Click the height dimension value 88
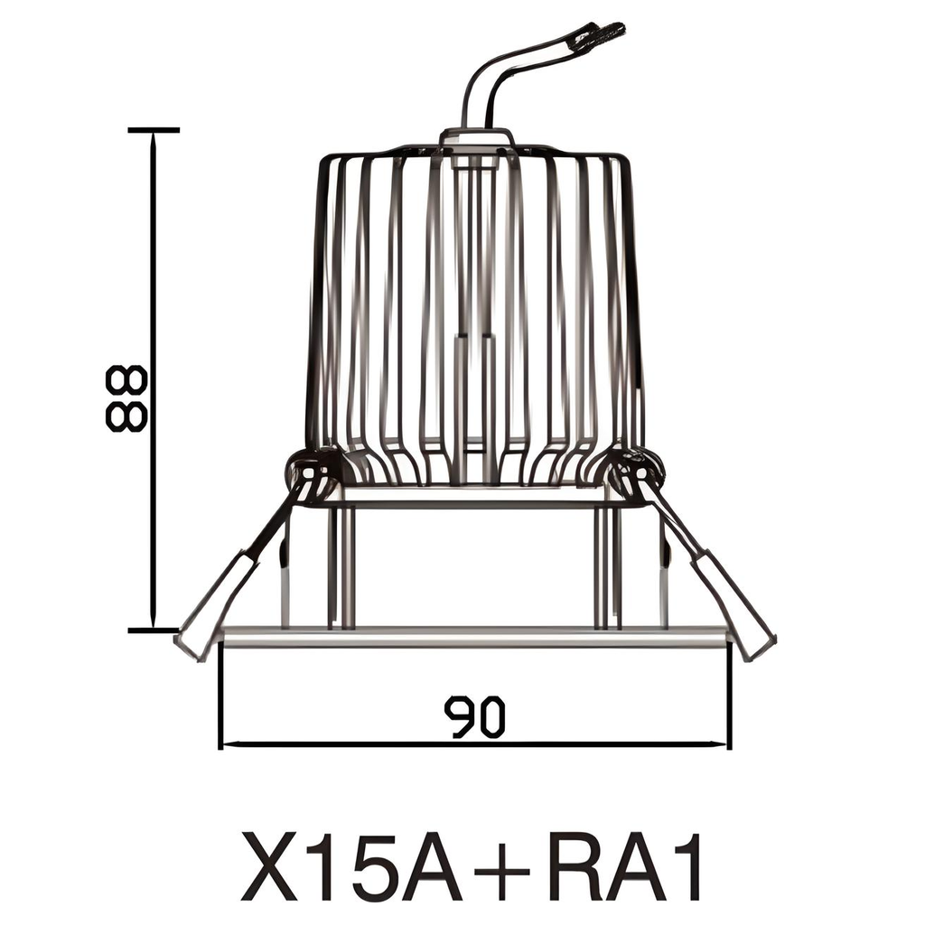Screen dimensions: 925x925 pos(125,398)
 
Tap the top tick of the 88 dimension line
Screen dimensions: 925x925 pos(154,130)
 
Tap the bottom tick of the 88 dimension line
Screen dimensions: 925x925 pos(154,630)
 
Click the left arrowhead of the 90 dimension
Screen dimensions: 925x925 pos(226,745)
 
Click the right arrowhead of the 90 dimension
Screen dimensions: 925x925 pos(724,745)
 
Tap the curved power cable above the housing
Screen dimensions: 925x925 pos(488,81)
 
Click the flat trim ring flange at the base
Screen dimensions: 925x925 pos(475,637)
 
